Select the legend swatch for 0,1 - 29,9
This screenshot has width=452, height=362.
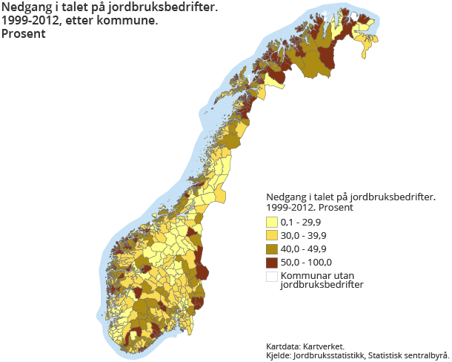click(271, 222)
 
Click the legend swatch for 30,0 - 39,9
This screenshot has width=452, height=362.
click(271, 235)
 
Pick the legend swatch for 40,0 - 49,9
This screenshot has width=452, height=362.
click(271, 249)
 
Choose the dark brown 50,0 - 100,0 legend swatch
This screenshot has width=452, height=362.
click(271, 262)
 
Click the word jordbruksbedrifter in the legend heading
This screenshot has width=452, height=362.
click(392, 197)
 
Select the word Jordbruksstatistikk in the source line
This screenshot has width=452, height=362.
click(328, 355)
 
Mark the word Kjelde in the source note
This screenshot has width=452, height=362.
click(279, 355)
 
